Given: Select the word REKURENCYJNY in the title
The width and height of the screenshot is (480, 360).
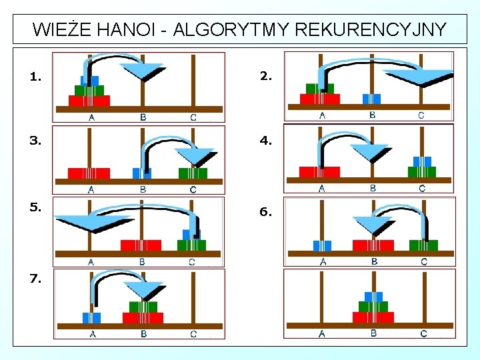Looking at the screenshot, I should [x=369, y=30].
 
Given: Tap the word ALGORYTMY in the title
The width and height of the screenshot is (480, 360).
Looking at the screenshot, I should [x=230, y=30].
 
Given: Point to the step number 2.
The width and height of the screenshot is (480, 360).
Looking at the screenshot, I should [x=265, y=76].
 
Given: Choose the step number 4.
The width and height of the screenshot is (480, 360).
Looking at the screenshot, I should [x=265, y=141].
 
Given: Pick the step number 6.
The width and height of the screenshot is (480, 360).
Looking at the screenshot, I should [x=265, y=212].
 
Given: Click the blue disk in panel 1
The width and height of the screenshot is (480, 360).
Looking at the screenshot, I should [x=89, y=81].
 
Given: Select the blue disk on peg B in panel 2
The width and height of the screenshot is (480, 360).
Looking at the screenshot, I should [x=371, y=99].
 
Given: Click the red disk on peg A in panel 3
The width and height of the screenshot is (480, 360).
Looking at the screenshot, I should [x=89, y=173].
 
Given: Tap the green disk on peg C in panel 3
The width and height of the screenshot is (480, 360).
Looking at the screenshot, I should [x=193, y=173].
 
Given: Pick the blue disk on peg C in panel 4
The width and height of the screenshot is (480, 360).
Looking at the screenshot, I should [x=422, y=161].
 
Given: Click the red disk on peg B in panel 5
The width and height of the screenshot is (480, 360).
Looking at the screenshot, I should [x=141, y=245].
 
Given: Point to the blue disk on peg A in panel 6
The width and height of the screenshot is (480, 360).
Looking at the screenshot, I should [x=322, y=245].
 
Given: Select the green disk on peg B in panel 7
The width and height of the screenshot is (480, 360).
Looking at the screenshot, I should [x=142, y=307].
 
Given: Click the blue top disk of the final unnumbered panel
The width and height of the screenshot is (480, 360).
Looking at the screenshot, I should [x=373, y=296].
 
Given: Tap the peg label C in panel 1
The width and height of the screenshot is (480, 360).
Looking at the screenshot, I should [x=193, y=118].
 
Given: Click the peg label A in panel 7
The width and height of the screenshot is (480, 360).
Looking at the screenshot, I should [x=92, y=334].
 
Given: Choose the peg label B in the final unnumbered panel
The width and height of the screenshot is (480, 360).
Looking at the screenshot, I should [x=373, y=333].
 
